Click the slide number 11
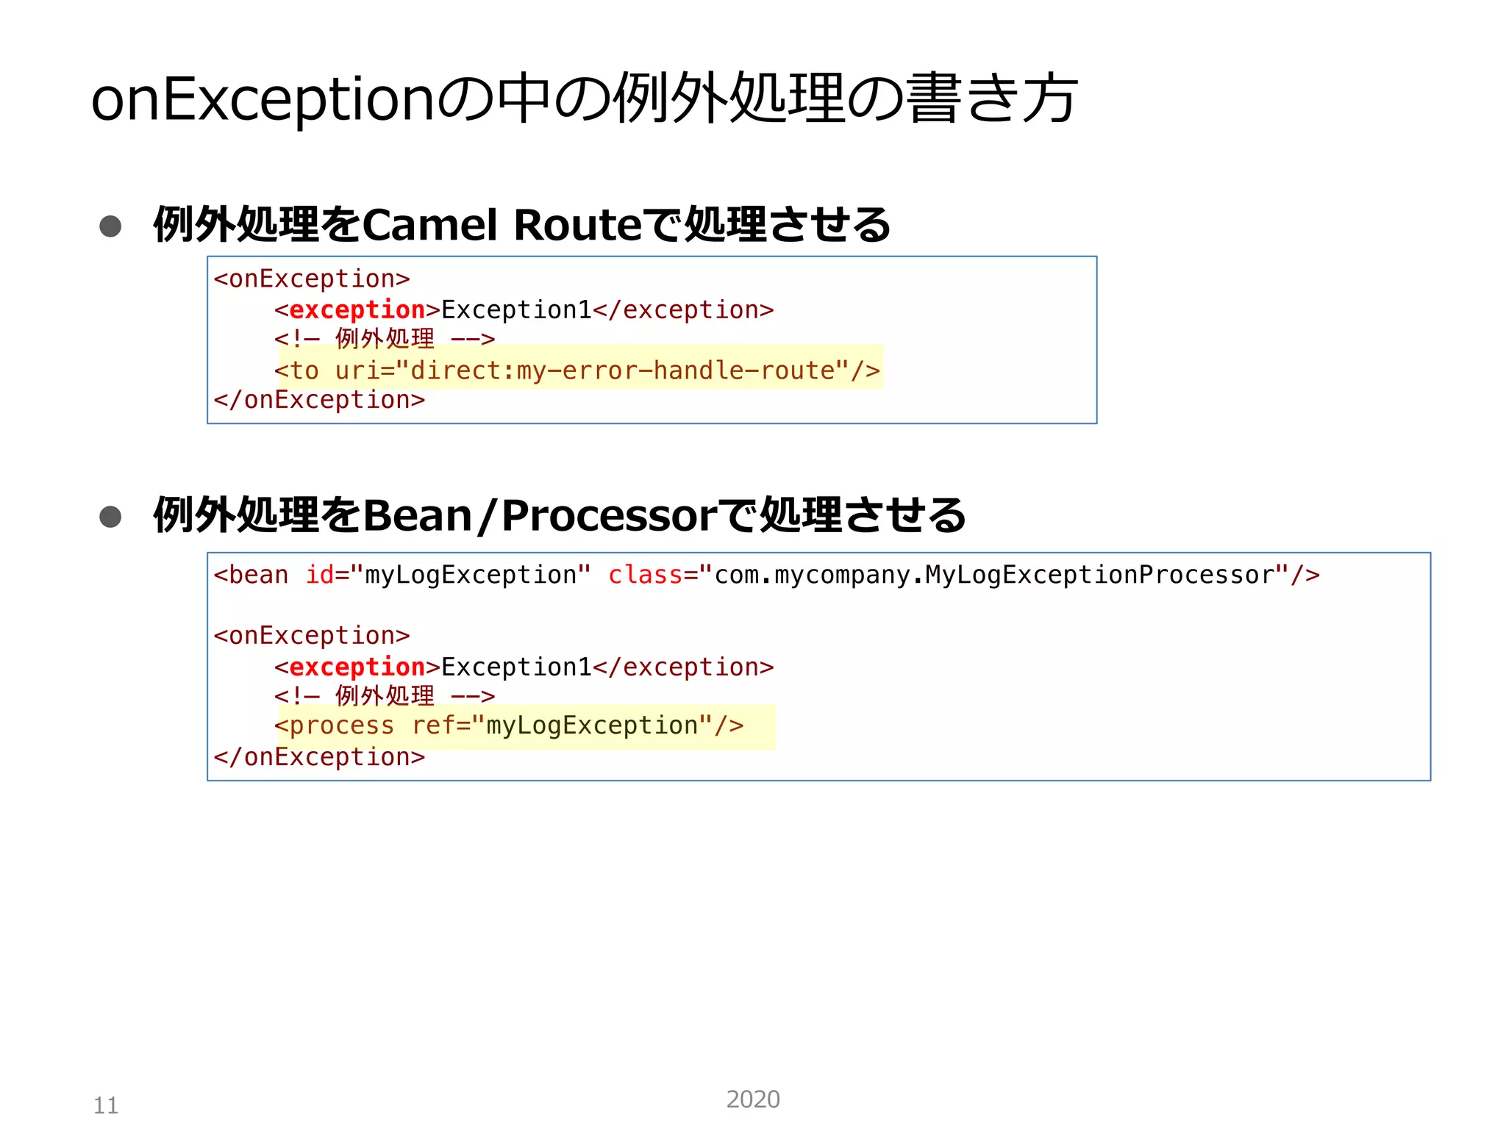point(106,1105)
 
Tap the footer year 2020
point(752,1099)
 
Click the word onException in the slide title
point(263,99)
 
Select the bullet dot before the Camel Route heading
point(110,226)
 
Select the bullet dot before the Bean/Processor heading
point(110,517)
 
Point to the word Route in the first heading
point(577,225)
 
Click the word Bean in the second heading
point(417,515)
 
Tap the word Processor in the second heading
point(609,515)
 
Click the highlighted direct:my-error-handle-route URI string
point(623,370)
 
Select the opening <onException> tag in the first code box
point(312,279)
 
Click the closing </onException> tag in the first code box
point(319,400)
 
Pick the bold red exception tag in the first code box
point(357,310)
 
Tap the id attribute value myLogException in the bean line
point(471,575)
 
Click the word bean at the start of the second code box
point(258,575)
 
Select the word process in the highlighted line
point(342,726)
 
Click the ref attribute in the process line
point(434,726)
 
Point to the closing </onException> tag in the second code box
point(319,757)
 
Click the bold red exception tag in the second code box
point(357,667)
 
